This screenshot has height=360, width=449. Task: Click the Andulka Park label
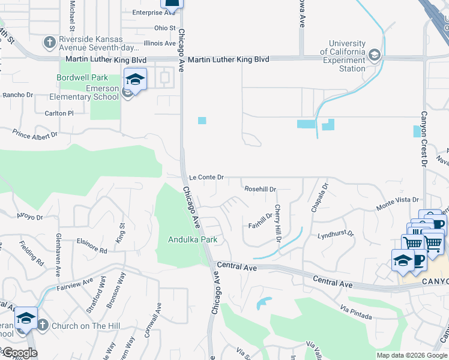point(191,239)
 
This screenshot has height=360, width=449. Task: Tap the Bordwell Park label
point(82,77)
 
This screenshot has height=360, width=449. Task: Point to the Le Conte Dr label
point(206,178)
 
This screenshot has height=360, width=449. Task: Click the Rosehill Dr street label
point(260,189)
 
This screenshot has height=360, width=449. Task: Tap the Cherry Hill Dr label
point(278,223)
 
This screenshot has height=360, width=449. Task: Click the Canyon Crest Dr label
point(423,138)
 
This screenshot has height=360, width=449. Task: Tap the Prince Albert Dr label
point(35,134)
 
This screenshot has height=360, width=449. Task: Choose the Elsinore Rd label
point(92,245)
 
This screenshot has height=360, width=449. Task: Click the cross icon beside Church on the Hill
point(42,325)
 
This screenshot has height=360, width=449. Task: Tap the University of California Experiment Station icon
point(375,56)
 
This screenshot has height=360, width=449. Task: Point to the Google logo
point(19,353)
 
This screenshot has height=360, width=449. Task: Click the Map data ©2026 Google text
point(412,355)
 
